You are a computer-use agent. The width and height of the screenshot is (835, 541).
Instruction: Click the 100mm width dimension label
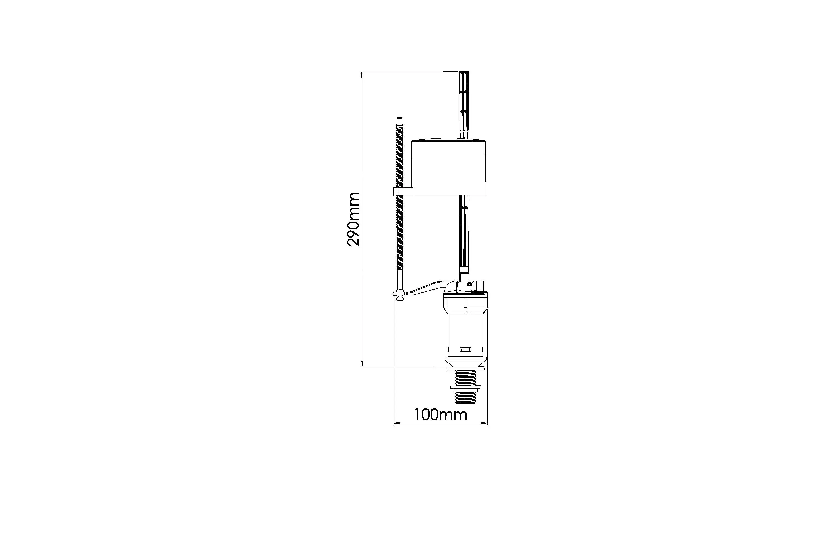[441, 415]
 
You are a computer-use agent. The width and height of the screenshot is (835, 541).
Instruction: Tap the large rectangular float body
[448, 167]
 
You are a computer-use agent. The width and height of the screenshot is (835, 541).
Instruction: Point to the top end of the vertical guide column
[464, 72]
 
